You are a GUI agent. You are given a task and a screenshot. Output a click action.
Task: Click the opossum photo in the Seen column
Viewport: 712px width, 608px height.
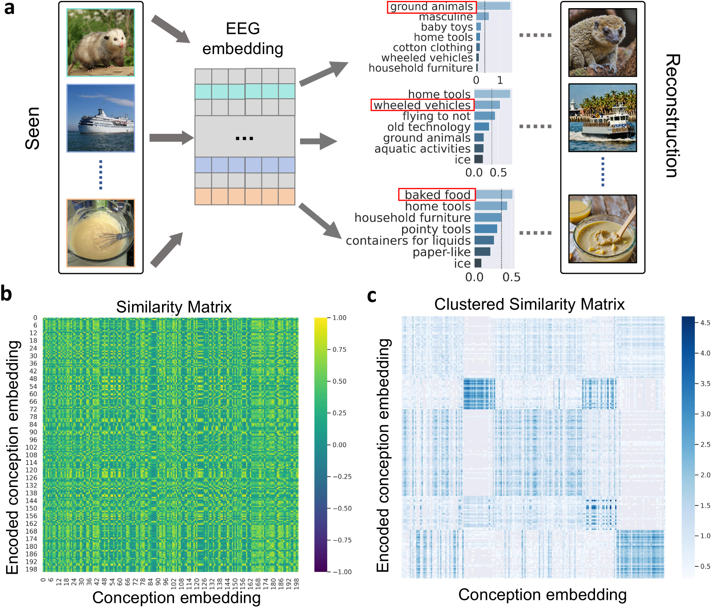100,43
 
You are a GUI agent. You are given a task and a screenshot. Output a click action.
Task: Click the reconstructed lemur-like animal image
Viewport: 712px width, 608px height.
602,42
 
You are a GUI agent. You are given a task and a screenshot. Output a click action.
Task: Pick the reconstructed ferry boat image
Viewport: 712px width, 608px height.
602,118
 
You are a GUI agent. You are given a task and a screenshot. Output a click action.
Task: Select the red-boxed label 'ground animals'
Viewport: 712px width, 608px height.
431,7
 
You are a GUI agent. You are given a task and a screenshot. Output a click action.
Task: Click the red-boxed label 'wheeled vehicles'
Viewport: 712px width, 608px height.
422,105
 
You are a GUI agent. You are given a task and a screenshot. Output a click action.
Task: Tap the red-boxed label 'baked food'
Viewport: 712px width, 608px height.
437,195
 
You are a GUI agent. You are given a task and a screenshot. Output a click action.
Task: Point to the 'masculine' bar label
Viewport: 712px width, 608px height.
446,17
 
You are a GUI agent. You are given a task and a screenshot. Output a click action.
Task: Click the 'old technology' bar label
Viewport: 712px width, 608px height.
429,127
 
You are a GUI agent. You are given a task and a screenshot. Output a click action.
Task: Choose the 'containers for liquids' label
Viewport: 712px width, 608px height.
408,241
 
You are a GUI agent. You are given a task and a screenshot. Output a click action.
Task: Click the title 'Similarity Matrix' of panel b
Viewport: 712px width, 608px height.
174,307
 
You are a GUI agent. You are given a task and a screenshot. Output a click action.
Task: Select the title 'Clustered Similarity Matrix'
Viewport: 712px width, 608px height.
529,304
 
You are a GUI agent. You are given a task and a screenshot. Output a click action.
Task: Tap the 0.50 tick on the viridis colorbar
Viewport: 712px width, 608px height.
339,381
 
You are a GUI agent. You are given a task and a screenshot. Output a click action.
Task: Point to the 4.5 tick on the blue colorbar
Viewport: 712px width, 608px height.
705,323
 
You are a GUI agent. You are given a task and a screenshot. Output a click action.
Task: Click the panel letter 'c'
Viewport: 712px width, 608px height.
372,295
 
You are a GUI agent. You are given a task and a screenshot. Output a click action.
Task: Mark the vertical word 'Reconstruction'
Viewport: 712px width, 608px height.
672,116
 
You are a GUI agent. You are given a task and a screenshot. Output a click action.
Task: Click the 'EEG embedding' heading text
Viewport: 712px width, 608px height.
243,39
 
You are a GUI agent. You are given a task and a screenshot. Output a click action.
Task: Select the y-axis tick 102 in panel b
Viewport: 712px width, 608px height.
31,447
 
